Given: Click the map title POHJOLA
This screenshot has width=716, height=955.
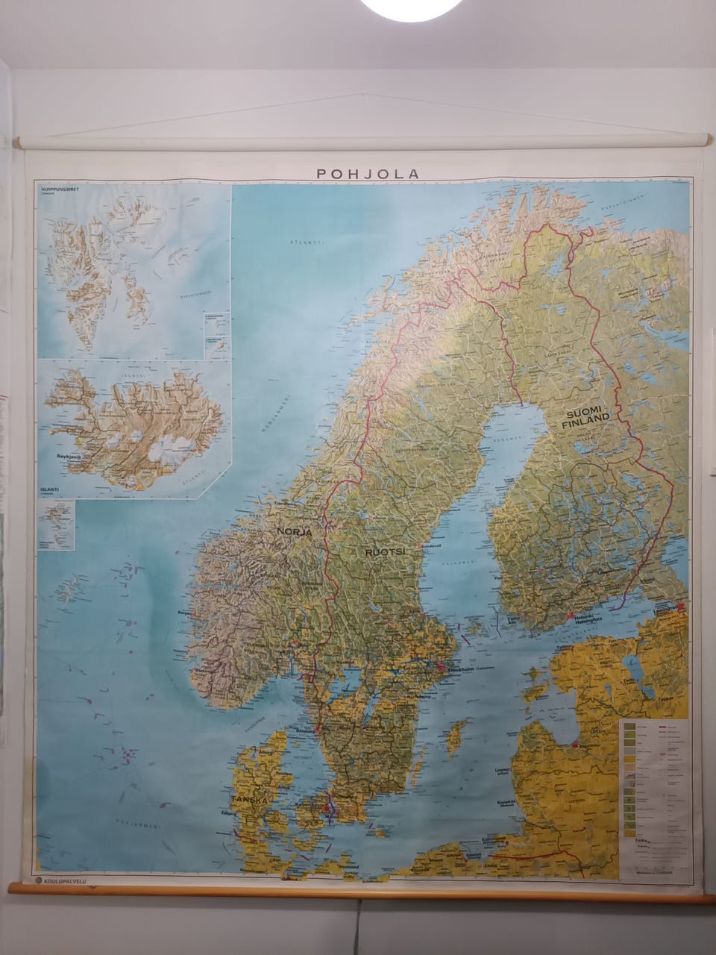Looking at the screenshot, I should point(368,173).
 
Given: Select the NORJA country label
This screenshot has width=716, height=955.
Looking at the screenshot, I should point(294,532).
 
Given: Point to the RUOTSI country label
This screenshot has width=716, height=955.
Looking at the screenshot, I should point(384,552).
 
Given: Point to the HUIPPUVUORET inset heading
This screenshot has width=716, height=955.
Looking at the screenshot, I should point(62,190).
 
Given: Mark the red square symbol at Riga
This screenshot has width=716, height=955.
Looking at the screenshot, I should point(576,745).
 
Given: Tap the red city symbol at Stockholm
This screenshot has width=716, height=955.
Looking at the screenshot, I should point(442,668).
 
